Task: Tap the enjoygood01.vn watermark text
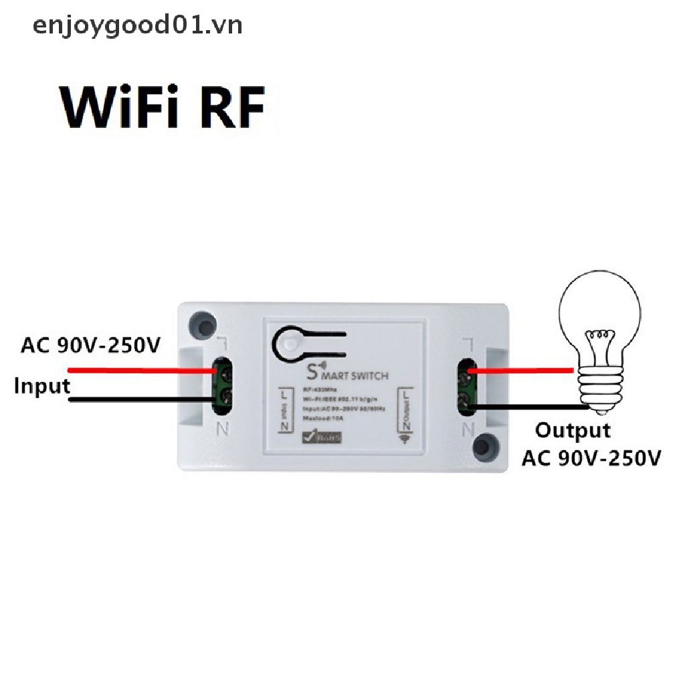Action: click(x=137, y=25)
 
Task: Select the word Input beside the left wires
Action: click(x=42, y=386)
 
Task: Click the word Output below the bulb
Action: click(x=573, y=430)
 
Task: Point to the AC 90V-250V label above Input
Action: click(x=91, y=346)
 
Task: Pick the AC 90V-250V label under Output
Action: click(x=591, y=458)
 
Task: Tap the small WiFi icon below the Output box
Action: click(x=405, y=438)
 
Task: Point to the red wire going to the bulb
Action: click(x=522, y=370)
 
